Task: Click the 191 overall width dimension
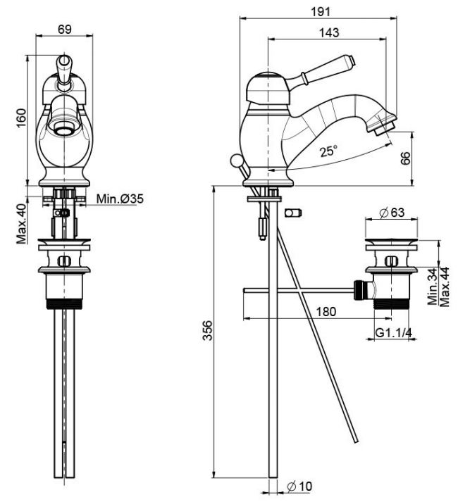click(321, 12)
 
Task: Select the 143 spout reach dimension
click(329, 32)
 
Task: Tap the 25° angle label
click(329, 150)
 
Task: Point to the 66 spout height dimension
click(405, 158)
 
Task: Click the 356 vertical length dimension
click(208, 330)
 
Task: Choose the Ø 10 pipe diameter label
click(299, 487)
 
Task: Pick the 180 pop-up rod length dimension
click(326, 311)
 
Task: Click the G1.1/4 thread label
click(394, 332)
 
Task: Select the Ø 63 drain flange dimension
click(392, 212)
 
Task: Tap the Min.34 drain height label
click(433, 287)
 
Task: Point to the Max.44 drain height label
click(444, 287)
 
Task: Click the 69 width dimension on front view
click(64, 29)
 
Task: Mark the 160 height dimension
click(21, 118)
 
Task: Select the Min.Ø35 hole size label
click(120, 199)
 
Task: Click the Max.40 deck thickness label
click(21, 224)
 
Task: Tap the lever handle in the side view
click(321, 70)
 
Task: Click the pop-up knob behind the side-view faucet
click(236, 160)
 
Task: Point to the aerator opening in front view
click(64, 130)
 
